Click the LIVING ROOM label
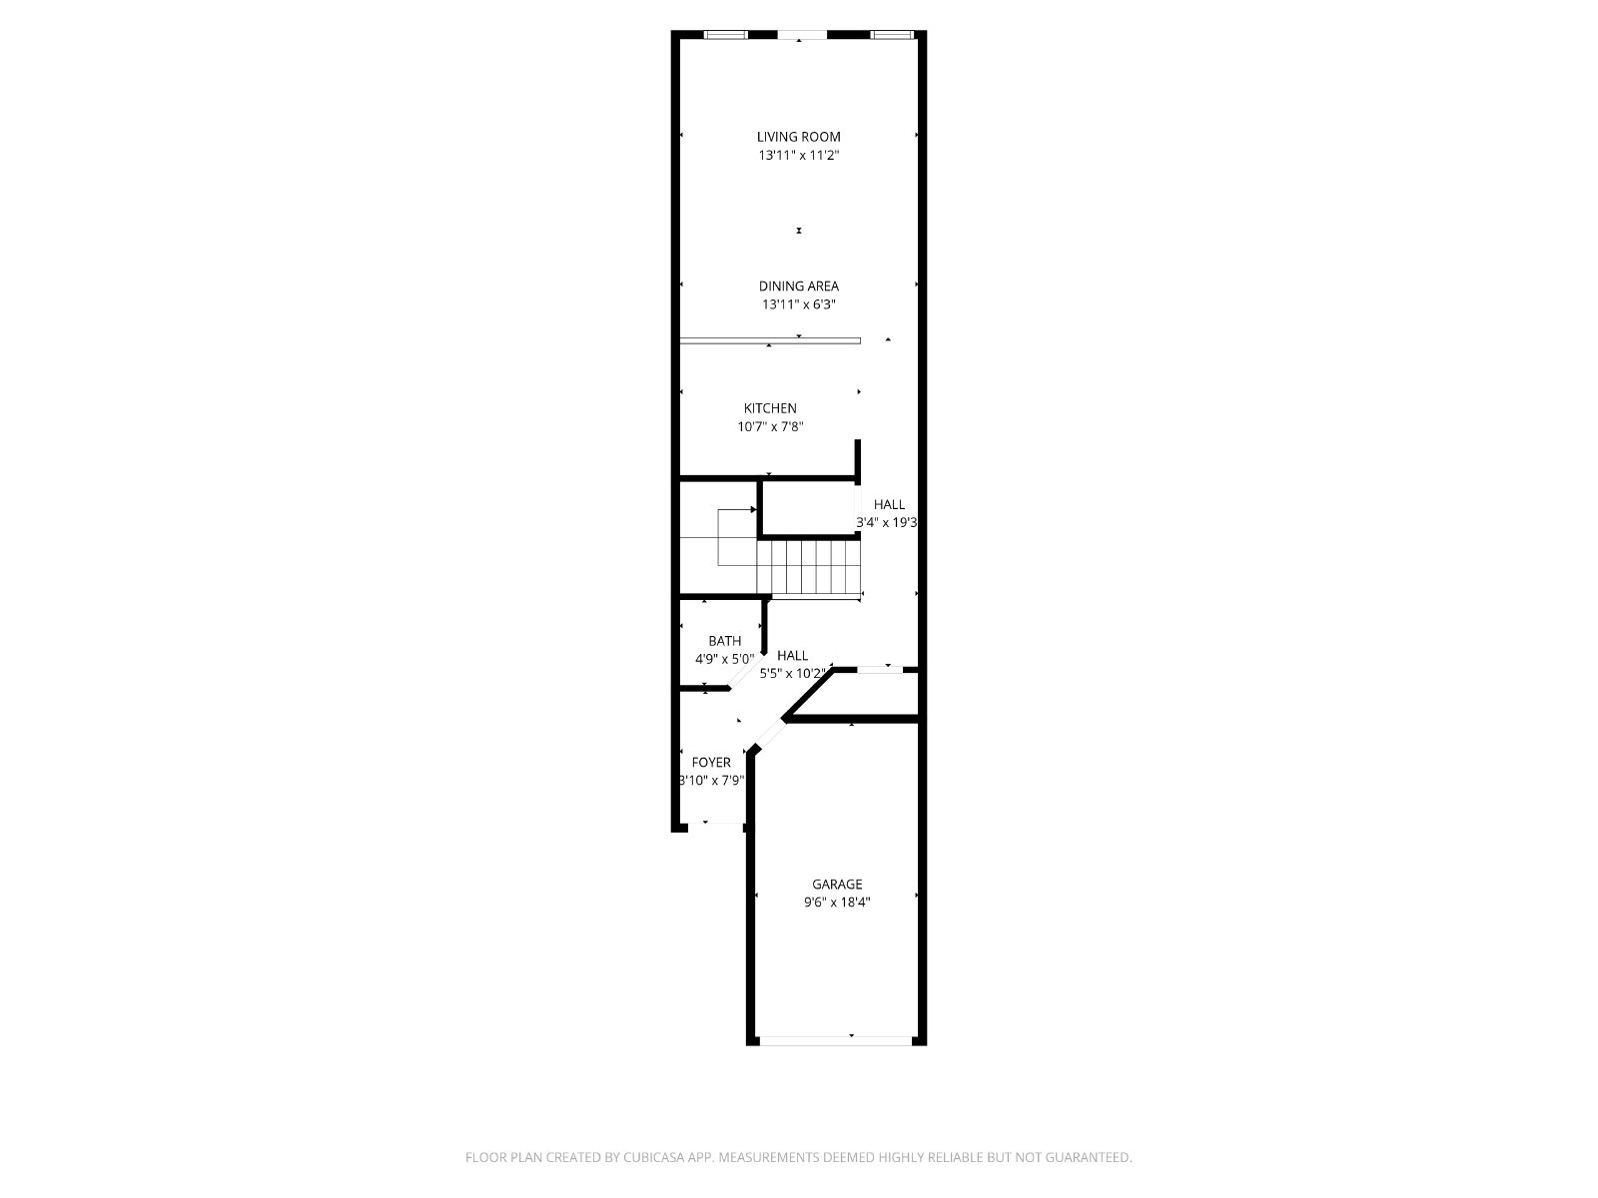(799, 137)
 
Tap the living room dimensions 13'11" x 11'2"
(799, 155)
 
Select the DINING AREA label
(799, 287)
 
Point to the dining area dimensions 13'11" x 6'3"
(799, 304)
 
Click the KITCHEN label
(770, 408)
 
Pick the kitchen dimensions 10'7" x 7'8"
(770, 427)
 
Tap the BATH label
(725, 641)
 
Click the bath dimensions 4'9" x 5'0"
(725, 660)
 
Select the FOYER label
(711, 763)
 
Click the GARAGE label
(837, 885)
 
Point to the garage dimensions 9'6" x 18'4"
(837, 902)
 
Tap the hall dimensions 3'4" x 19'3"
(886, 522)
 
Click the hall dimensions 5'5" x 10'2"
(793, 674)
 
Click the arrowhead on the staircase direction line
(753, 510)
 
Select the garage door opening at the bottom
(836, 1041)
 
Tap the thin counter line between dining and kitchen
(770, 340)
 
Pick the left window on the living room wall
(726, 35)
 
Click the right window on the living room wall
(893, 35)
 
